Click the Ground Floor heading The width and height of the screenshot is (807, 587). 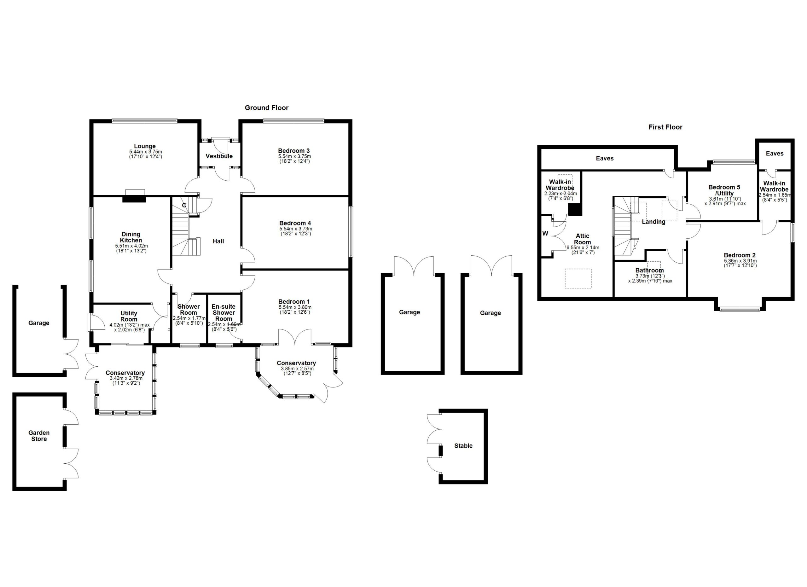(266, 108)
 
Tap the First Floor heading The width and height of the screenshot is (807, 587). (665, 127)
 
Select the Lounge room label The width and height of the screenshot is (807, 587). (145, 146)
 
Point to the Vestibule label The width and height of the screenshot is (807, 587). (219, 156)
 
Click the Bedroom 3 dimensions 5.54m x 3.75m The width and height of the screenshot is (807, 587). (295, 156)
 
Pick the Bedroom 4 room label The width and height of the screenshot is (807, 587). (295, 224)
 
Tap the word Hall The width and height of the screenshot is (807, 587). (218, 241)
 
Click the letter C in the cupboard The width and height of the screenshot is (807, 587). (184, 205)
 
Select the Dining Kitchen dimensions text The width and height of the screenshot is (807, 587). (131, 248)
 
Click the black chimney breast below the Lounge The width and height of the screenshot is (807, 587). (134, 199)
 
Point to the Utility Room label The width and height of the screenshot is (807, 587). (129, 316)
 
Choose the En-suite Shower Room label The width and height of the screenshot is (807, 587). (224, 313)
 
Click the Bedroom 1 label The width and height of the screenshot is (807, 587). (294, 302)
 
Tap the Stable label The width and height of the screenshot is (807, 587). (463, 446)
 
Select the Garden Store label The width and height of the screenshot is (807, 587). (39, 436)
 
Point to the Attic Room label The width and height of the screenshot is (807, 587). (583, 239)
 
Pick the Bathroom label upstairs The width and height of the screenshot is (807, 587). (650, 270)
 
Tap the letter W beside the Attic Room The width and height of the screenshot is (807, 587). (545, 234)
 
